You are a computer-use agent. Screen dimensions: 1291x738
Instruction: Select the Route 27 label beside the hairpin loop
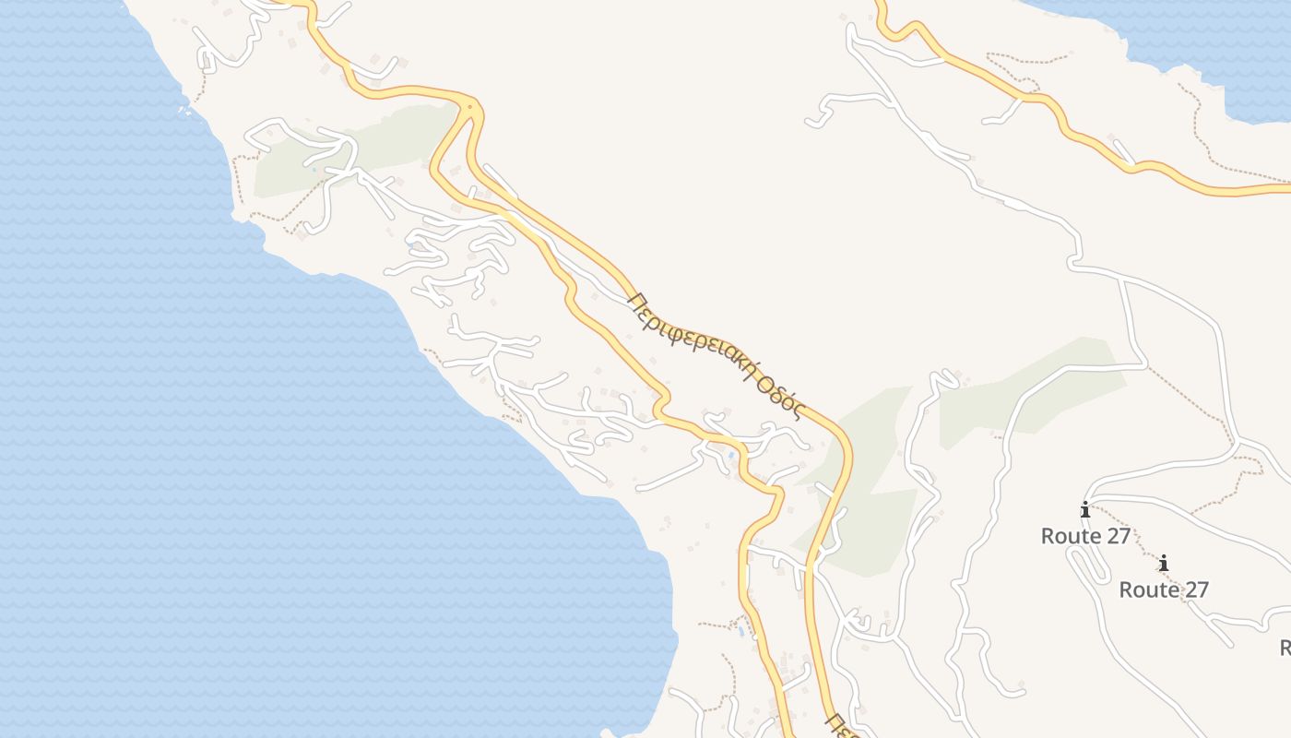coord(1085,536)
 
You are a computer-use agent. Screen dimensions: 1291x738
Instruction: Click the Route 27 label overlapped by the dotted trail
coord(1164,589)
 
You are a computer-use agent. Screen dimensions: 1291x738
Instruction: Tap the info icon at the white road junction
coord(1085,509)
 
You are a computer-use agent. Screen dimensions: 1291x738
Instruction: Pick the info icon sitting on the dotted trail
coord(1164,563)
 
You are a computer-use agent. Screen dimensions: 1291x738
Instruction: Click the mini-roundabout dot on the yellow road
coord(469,108)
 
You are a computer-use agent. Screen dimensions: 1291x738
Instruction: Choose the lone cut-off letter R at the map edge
coord(1285,647)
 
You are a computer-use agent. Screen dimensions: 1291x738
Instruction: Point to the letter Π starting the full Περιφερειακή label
coord(634,301)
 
